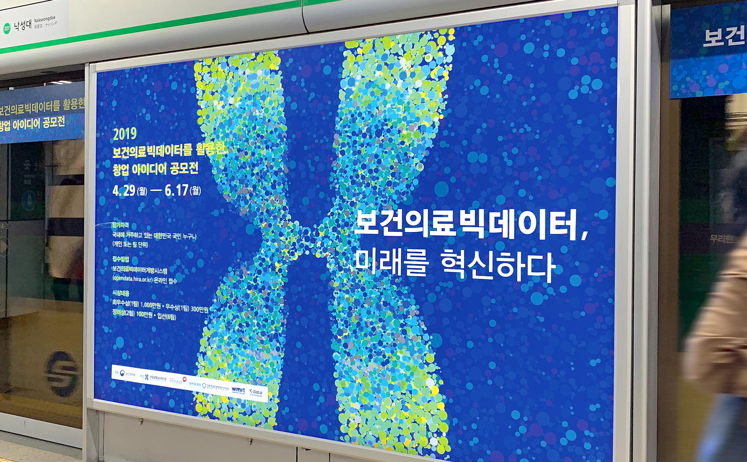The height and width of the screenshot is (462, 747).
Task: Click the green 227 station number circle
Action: pyautogui.click(x=7, y=28)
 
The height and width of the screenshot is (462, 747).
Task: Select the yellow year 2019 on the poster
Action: pyautogui.click(x=125, y=134)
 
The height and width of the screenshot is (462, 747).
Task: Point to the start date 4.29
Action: pyautogui.click(x=124, y=191)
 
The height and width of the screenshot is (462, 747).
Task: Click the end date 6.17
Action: pyautogui.click(x=176, y=190)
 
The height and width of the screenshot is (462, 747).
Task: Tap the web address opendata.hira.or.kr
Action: pyautogui.click(x=133, y=279)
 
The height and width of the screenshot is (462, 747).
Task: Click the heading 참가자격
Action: pyautogui.click(x=120, y=225)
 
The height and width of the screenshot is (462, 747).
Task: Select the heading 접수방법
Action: pyautogui.click(x=121, y=259)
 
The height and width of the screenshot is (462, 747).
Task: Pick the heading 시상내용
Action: pyautogui.click(x=121, y=293)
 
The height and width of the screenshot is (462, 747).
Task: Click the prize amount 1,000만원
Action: pyautogui.click(x=150, y=305)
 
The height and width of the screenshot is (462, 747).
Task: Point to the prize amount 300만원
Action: pyautogui.click(x=199, y=309)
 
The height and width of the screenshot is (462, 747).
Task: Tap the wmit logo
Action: pyautogui.click(x=238, y=389)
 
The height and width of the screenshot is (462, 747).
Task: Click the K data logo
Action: pyautogui.click(x=255, y=392)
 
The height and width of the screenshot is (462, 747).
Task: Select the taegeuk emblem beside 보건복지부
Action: pyautogui.click(x=122, y=373)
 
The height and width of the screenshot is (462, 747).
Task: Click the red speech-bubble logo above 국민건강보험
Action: pyautogui.click(x=184, y=379)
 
